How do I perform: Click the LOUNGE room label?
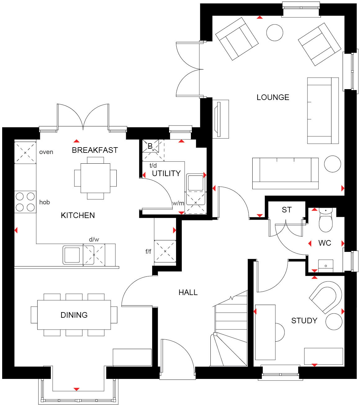coord(273,97)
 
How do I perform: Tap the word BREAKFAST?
coord(95,150)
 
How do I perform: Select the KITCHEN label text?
coord(78,215)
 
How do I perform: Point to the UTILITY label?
coord(166,173)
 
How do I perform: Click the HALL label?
coord(188,292)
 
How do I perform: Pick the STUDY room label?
coord(304,321)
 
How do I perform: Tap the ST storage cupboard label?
coord(286,210)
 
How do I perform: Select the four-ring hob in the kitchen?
coord(25,202)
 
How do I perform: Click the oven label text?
coord(46,152)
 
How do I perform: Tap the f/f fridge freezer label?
coord(148,251)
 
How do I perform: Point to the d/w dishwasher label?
coord(94,239)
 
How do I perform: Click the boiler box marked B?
coord(150,146)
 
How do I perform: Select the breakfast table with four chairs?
coord(95,178)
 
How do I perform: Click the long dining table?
coord(74,315)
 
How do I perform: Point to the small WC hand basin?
coord(326,266)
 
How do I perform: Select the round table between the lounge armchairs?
coord(275,32)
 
